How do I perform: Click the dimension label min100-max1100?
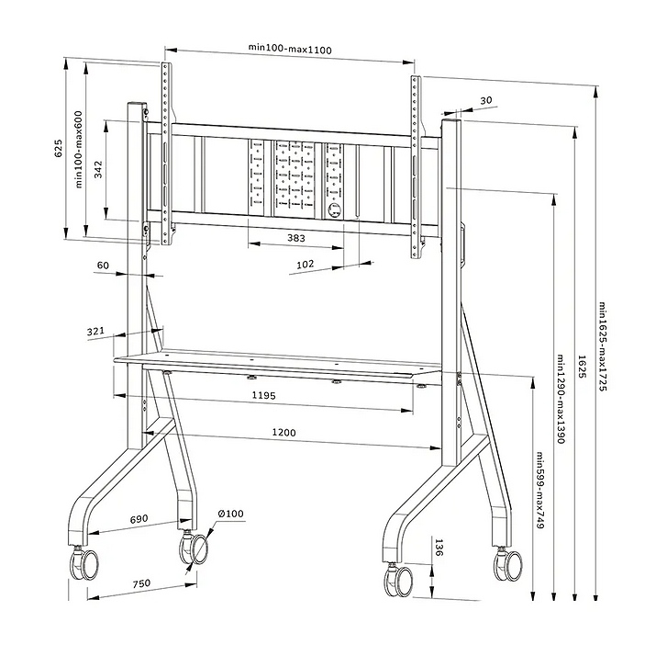tap(290, 49)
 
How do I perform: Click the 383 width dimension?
tap(295, 238)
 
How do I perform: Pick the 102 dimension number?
tap(306, 264)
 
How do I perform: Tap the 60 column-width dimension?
tap(103, 266)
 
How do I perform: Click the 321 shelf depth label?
tap(95, 332)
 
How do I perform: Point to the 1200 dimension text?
tap(284, 432)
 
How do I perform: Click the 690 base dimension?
tap(139, 520)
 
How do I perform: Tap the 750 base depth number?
tap(141, 584)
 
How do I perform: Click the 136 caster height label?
tap(439, 549)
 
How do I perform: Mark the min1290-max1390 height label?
tap(560, 399)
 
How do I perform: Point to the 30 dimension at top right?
tap(485, 101)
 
